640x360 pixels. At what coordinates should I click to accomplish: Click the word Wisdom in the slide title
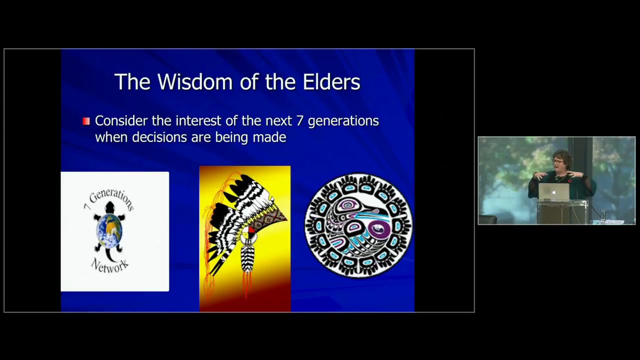[190, 82]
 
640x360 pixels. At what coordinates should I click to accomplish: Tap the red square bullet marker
[86, 121]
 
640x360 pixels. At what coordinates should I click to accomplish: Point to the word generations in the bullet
[343, 121]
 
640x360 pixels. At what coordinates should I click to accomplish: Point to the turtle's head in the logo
[110, 207]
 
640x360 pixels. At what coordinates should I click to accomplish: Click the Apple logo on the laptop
[553, 192]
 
